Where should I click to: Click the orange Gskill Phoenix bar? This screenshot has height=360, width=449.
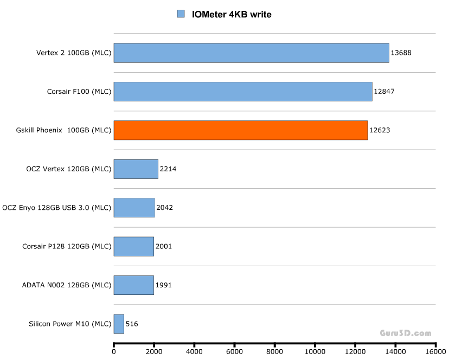tap(240, 130)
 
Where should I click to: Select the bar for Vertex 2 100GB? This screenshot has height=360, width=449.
tap(251, 53)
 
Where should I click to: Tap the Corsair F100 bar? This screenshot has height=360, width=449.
tap(243, 92)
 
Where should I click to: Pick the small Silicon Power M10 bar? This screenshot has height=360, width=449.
tap(119, 324)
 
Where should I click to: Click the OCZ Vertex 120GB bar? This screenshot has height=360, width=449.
tap(136, 169)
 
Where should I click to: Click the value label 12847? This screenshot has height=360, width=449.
tap(384, 92)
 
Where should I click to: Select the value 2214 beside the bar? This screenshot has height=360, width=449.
tap(168, 169)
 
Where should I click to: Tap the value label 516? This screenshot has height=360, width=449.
tap(132, 324)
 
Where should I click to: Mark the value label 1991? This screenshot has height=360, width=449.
tap(163, 285)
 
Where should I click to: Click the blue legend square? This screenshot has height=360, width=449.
tap(181, 14)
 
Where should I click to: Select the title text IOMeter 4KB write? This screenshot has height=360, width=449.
tap(232, 15)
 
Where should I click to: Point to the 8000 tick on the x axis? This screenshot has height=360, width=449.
tap(274, 351)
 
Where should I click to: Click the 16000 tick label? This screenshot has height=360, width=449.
tap(435, 351)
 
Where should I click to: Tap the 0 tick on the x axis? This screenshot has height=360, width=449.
tap(114, 351)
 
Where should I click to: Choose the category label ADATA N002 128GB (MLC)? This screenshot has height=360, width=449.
tap(66, 285)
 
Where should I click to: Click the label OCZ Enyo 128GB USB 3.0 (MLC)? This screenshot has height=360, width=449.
tap(57, 208)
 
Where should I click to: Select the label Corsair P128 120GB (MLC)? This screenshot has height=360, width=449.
tap(67, 247)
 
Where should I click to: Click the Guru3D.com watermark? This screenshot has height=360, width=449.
tap(406, 333)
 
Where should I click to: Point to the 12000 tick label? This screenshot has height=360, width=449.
tap(355, 351)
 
